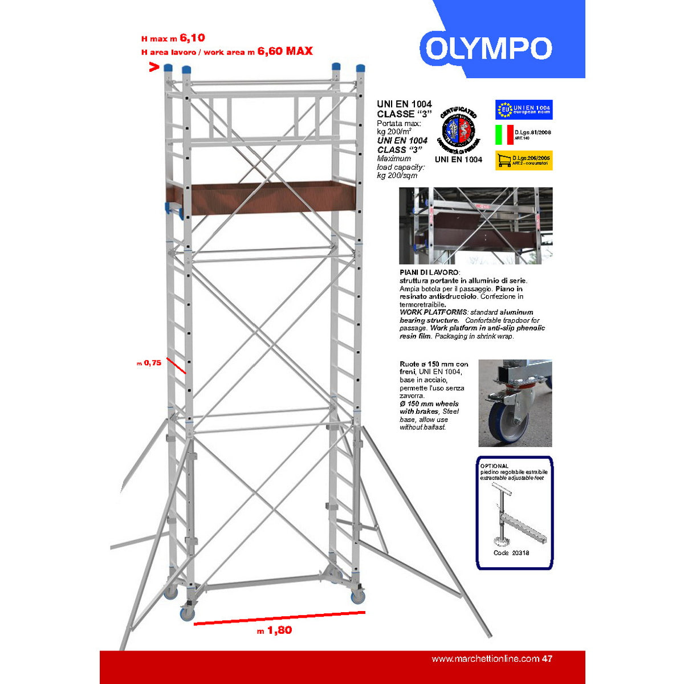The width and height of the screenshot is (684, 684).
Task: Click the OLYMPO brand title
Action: point(488,49)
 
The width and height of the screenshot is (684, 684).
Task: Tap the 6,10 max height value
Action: point(192,38)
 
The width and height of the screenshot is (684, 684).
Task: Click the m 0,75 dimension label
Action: point(149,363)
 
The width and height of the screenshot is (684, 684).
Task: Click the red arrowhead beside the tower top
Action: point(153,67)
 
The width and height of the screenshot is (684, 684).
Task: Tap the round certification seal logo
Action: point(458,130)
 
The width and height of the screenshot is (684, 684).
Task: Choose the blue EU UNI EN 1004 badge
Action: point(524,109)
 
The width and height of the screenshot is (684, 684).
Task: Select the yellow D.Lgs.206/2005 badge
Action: point(524,160)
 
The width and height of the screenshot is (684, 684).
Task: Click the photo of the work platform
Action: point(476,226)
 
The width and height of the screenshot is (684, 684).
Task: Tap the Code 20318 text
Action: point(511,552)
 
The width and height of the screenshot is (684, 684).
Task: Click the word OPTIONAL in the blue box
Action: point(494,466)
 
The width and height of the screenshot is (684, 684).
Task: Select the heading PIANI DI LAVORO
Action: point(429,273)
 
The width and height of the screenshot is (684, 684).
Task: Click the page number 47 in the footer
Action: point(547,659)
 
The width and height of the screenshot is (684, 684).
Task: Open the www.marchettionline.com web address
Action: point(485,659)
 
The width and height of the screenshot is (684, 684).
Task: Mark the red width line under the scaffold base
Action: point(279,618)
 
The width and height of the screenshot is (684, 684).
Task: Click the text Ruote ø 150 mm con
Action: point(434,364)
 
